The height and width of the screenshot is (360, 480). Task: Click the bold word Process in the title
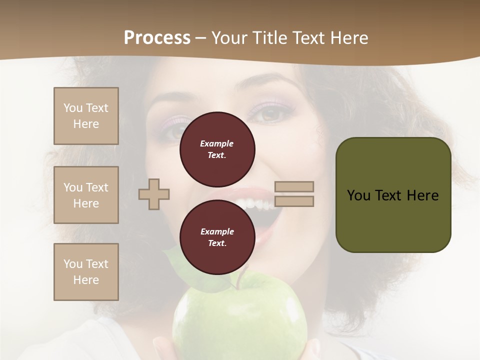pos(157,37)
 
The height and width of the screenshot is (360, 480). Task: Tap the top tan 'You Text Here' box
pos(86,116)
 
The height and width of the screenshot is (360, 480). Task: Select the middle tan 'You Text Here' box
pos(86,195)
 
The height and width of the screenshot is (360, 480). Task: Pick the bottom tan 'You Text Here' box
pos(86,272)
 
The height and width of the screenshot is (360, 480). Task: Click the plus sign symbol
pos(154,194)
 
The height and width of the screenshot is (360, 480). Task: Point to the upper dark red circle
pos(217,149)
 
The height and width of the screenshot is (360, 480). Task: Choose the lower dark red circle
pos(217,237)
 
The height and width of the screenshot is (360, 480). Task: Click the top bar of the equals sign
pos(294,186)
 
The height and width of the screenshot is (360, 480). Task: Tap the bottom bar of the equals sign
pos(294,201)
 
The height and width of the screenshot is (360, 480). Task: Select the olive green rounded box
pos(393,195)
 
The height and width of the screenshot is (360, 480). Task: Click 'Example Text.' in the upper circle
pos(217,149)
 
